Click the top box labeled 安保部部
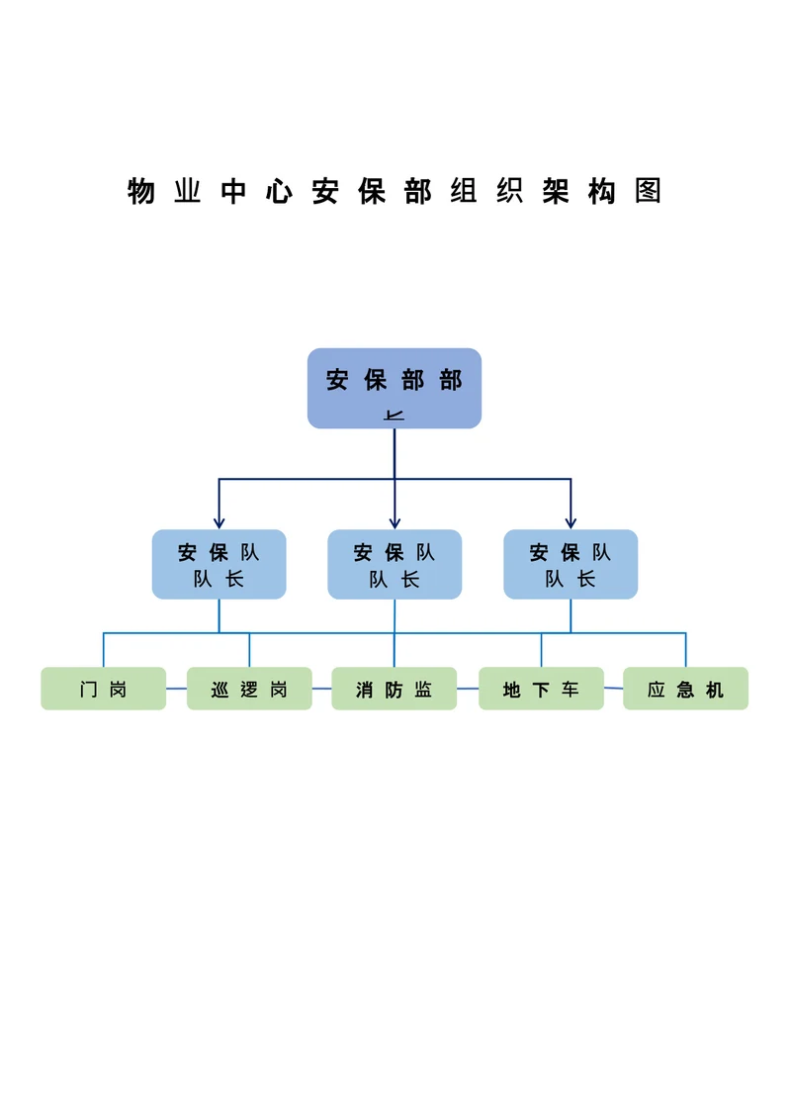pyautogui.click(x=394, y=388)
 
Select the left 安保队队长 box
pyautogui.click(x=219, y=564)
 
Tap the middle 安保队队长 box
pyautogui.click(x=395, y=564)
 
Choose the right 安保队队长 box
pyautogui.click(x=571, y=564)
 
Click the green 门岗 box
pyautogui.click(x=103, y=689)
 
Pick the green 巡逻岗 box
pyautogui.click(x=249, y=689)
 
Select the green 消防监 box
pyautogui.click(x=394, y=689)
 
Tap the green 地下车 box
pyautogui.click(x=541, y=689)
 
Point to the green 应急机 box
pyautogui.click(x=685, y=689)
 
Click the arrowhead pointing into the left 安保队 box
pyautogui.click(x=219, y=521)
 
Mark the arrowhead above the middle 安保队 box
pyautogui.click(x=395, y=521)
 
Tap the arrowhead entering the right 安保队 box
pyautogui.click(x=571, y=521)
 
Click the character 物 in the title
pyautogui.click(x=141, y=191)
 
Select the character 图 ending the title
pyautogui.click(x=648, y=191)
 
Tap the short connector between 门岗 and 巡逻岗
pyautogui.click(x=176, y=688)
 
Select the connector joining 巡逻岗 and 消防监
pyautogui.click(x=321, y=689)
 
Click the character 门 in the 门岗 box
pyautogui.click(x=90, y=690)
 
